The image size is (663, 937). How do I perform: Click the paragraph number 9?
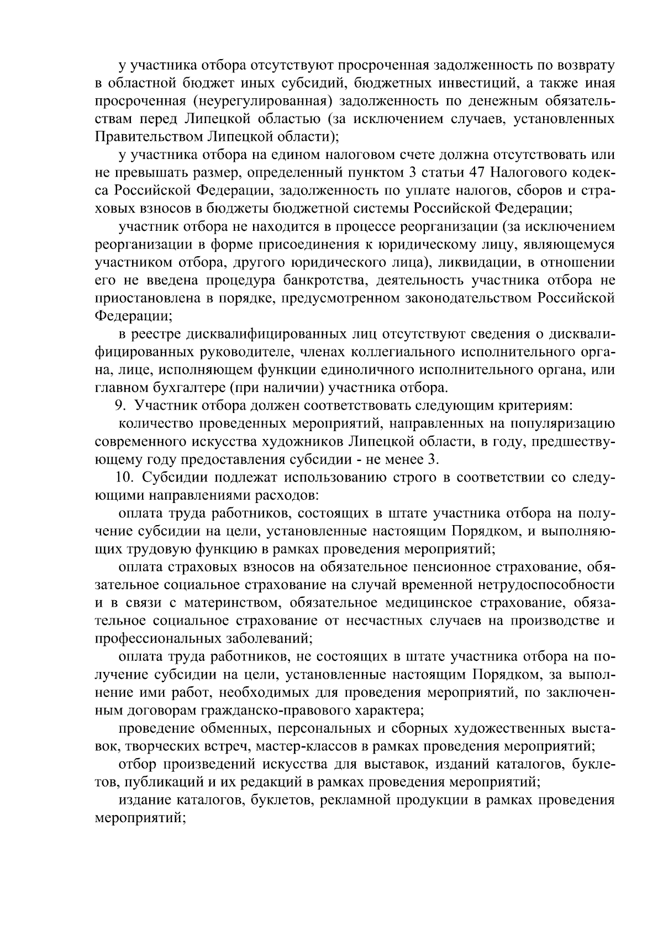tap(118, 405)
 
